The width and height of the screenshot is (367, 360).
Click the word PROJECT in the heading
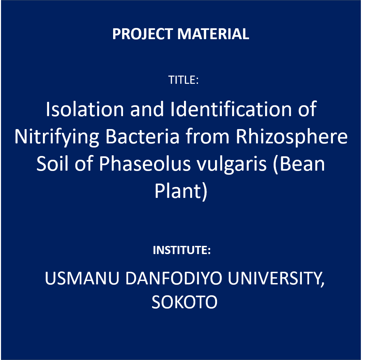pyautogui.click(x=142, y=34)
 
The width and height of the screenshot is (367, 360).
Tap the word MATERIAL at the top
pyautogui.click(x=213, y=34)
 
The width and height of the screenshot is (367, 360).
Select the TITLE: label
pyautogui.click(x=183, y=80)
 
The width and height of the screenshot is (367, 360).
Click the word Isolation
pyautogui.click(x=85, y=109)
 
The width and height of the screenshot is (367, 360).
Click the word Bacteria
pyautogui.click(x=142, y=136)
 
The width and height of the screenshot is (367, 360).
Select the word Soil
pyautogui.click(x=52, y=163)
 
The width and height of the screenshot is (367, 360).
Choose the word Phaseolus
pyautogui.click(x=145, y=163)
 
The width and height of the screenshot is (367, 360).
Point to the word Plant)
pyautogui.click(x=181, y=191)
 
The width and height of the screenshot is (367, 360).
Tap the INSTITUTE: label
pyautogui.click(x=182, y=250)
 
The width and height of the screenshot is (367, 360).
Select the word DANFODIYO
pyautogui.click(x=173, y=278)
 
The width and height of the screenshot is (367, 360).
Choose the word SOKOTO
pyautogui.click(x=184, y=302)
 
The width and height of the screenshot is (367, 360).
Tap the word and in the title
pyautogui.click(x=147, y=109)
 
